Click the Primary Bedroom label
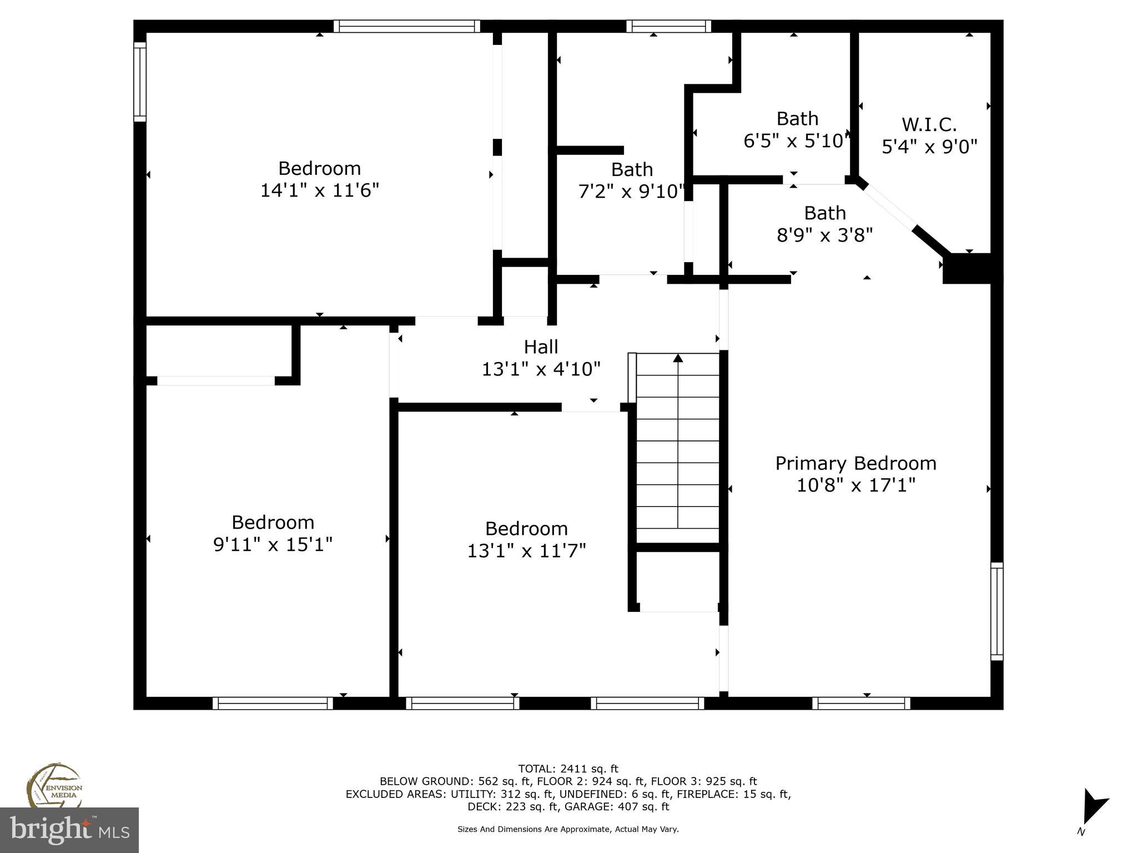(x=856, y=463)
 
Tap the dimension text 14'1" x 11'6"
(x=320, y=190)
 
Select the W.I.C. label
(x=929, y=124)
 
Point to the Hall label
(x=541, y=347)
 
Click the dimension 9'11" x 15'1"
(x=273, y=545)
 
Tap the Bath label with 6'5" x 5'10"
(x=797, y=119)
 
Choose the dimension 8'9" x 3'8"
(x=824, y=235)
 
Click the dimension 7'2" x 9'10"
(x=632, y=192)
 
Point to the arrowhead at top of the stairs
(x=678, y=358)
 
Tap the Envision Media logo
(x=54, y=786)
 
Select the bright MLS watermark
(x=69, y=830)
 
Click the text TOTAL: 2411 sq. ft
(x=568, y=769)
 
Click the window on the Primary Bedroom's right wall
(x=997, y=611)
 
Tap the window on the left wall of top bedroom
(x=140, y=82)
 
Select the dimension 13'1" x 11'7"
(x=526, y=551)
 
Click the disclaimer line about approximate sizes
(x=568, y=829)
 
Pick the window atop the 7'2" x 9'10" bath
(x=668, y=26)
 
